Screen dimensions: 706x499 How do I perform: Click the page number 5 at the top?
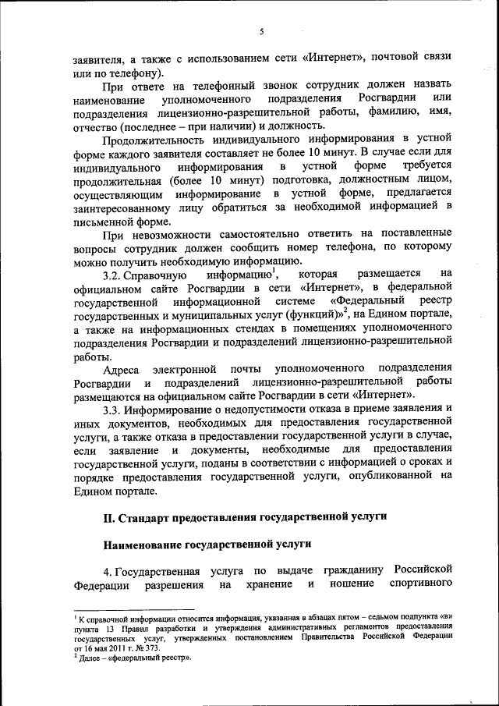[262, 31]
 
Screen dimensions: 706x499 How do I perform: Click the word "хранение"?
[268, 584]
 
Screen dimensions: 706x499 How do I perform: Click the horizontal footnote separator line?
[133, 611]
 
